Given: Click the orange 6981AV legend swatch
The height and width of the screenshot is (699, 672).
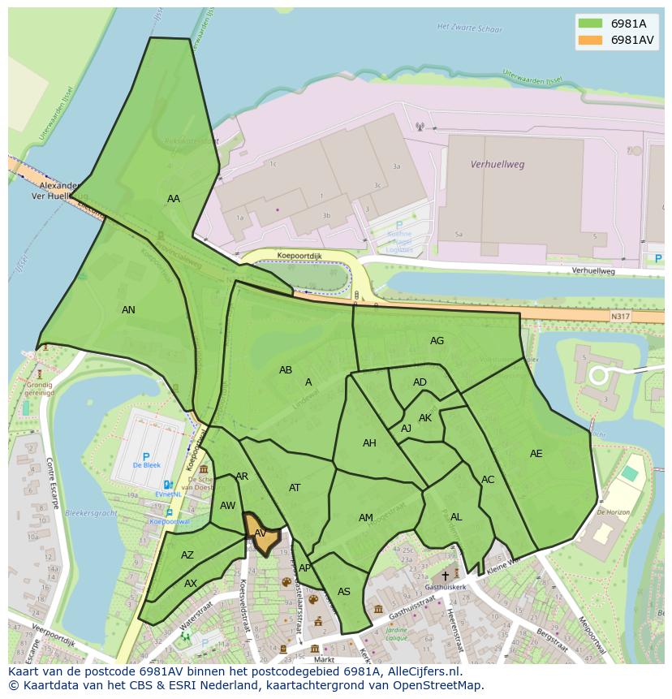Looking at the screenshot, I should click(591, 40).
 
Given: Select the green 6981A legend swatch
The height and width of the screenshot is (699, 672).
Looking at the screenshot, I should click(591, 24).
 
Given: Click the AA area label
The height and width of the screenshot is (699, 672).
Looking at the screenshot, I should click(174, 199).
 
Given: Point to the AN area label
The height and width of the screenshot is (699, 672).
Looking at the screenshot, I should click(128, 310).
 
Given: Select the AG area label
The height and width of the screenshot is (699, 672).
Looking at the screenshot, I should click(437, 341).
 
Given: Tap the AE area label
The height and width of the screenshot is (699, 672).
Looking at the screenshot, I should click(536, 454).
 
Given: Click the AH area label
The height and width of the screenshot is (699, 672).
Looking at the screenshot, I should click(369, 443).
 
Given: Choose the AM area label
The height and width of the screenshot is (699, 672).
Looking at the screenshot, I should click(366, 518).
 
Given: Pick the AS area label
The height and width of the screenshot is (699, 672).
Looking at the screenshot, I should click(344, 592).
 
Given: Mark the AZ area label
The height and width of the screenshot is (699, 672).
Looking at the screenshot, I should click(187, 555).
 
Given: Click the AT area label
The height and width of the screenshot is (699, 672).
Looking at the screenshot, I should click(295, 488).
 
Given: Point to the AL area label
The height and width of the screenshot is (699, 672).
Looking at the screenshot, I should click(456, 517).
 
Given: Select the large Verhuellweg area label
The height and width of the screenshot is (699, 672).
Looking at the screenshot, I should click(498, 164).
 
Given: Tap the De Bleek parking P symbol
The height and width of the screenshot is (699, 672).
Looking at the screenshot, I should click(146, 457).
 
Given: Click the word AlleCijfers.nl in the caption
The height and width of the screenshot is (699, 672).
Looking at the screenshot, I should click(423, 672).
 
